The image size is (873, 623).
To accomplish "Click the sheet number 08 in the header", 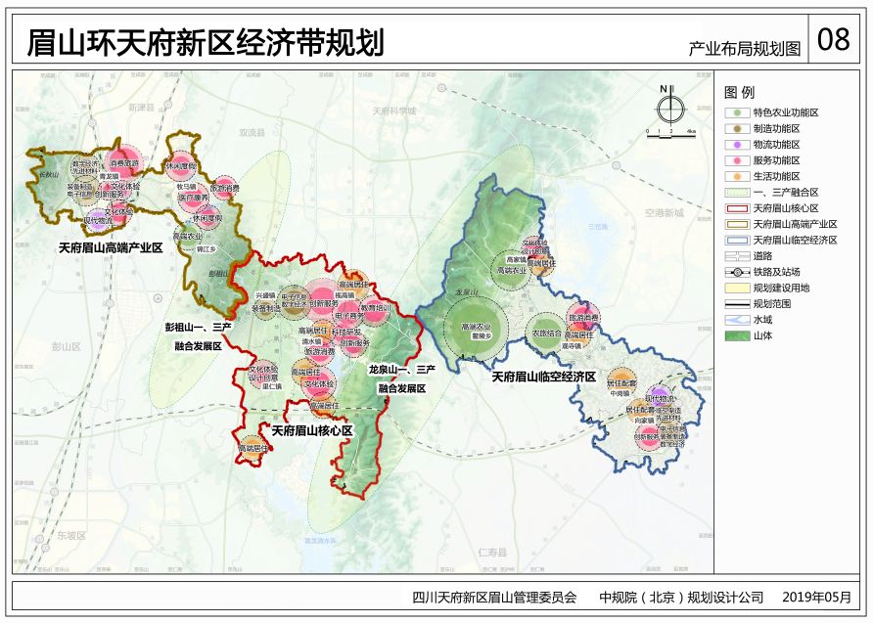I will [833, 39].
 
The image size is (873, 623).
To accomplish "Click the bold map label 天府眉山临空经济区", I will [543, 377].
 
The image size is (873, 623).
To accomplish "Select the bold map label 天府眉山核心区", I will [311, 430].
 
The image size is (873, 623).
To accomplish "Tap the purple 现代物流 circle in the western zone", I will [96, 222].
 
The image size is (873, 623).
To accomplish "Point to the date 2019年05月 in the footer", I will [816, 597].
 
